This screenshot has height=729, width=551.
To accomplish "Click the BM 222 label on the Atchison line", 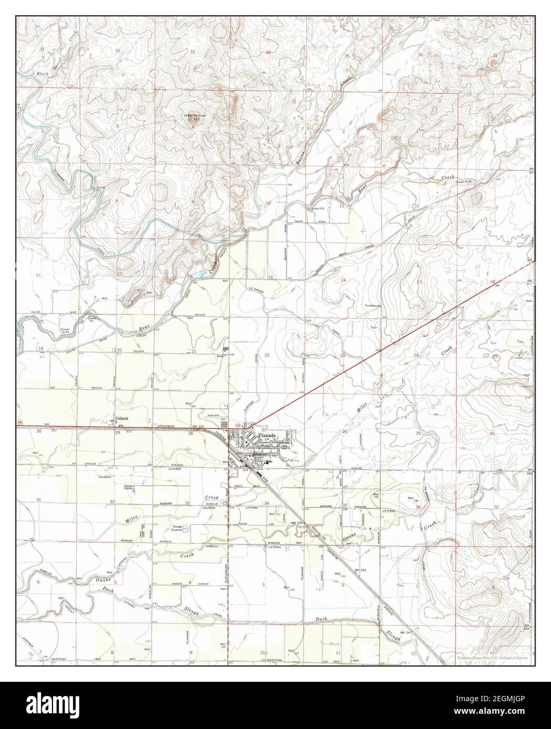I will [x=197, y=427].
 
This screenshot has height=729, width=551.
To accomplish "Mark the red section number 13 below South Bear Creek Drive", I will [x=419, y=282].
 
